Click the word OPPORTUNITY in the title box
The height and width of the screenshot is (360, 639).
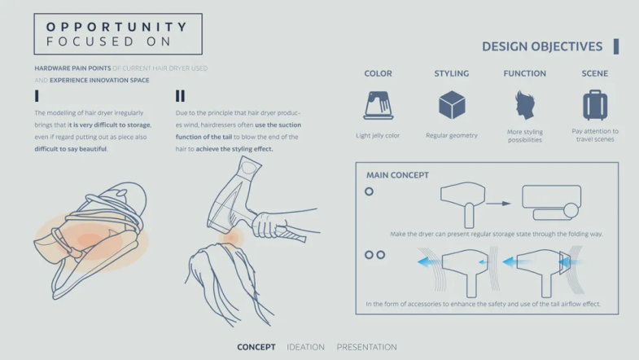point(116,27)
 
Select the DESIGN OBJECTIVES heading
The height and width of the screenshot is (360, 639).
point(542,46)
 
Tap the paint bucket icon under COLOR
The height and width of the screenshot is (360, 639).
point(379,105)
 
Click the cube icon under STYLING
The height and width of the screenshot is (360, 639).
point(452,105)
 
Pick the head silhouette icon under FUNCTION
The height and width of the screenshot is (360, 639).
point(525,105)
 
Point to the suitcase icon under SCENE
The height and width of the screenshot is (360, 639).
point(595,105)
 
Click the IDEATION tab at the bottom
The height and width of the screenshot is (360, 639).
point(305,347)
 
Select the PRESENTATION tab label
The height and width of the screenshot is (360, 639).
point(367,347)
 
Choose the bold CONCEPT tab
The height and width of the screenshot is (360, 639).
point(256,347)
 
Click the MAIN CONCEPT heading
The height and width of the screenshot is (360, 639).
point(397,175)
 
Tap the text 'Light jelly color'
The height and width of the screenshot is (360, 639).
point(378,135)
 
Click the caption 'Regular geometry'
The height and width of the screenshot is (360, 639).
point(452,135)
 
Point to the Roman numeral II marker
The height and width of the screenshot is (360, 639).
point(180,96)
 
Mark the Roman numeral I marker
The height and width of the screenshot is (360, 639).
point(37,96)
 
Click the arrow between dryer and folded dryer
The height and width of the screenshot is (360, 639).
point(498,204)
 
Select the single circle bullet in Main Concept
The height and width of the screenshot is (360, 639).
point(369,191)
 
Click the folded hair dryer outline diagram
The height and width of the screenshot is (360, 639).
point(552,203)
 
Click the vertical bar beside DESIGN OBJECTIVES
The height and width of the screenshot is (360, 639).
point(616,46)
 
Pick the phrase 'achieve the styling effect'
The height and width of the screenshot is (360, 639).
point(234,149)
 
